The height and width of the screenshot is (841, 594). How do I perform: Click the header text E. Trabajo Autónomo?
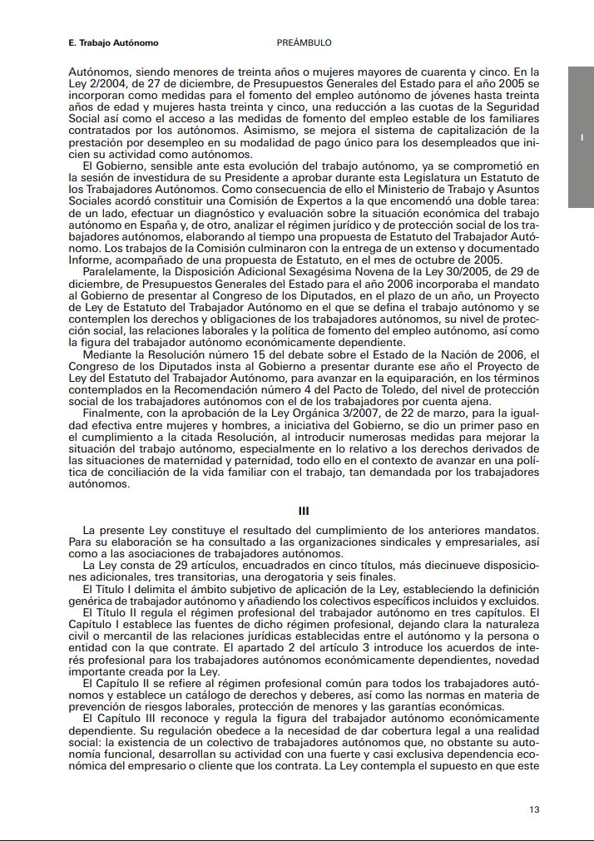113,42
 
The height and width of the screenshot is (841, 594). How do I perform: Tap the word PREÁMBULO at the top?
304,42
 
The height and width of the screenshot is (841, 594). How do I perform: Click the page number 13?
535,809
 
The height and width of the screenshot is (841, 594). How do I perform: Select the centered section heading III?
304,511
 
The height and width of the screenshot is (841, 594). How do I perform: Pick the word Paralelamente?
122,271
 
